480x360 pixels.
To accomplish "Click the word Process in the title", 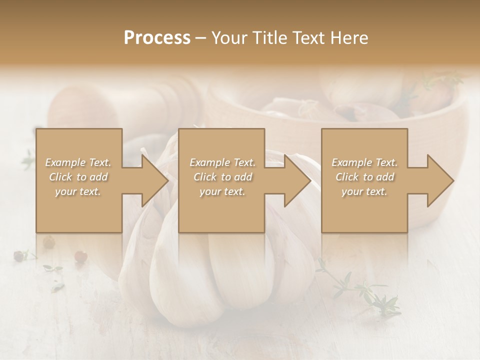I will pyautogui.click(x=157, y=37).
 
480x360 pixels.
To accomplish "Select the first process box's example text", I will pyautogui.click(x=78, y=177).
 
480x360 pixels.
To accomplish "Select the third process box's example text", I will pyautogui.click(x=364, y=177).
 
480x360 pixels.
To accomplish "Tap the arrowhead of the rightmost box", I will pyautogui.click(x=439, y=180).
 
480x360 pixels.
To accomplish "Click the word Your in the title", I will pyautogui.click(x=230, y=37).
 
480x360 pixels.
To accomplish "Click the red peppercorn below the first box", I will pyautogui.click(x=80, y=256).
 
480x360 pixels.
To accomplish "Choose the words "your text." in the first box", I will pyautogui.click(x=78, y=191).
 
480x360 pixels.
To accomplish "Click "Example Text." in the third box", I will pyautogui.click(x=364, y=162).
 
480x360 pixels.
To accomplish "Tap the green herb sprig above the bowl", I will pyautogui.click(x=440, y=80).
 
